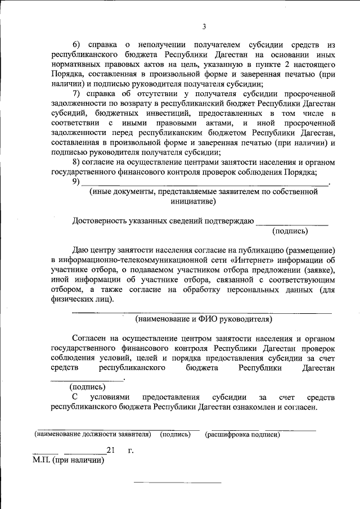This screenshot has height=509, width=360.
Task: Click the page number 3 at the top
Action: point(204,27)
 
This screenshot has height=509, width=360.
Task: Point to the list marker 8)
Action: point(77,163)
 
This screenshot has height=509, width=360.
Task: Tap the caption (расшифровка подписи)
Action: point(242,435)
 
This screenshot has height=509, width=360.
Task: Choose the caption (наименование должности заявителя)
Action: point(93,435)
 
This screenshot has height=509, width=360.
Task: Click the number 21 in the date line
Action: point(110,450)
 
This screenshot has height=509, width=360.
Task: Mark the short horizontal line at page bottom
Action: point(177,483)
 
